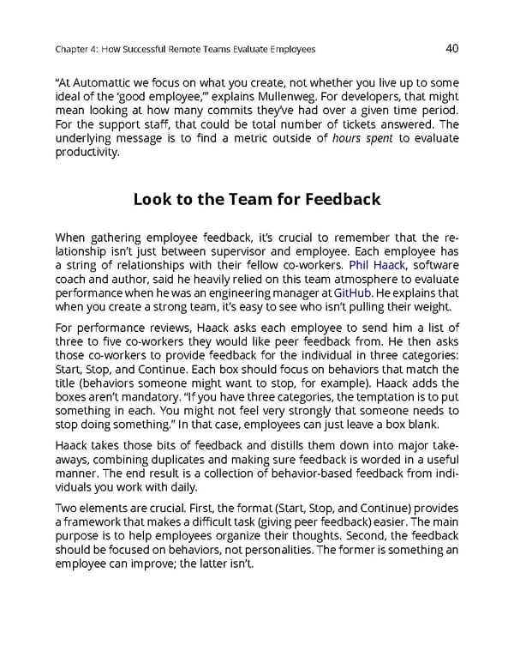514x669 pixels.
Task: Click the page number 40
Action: pyautogui.click(x=452, y=48)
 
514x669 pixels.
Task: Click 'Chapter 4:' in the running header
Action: pyautogui.click(x=75, y=50)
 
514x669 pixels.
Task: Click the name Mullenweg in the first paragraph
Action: pyautogui.click(x=289, y=97)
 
